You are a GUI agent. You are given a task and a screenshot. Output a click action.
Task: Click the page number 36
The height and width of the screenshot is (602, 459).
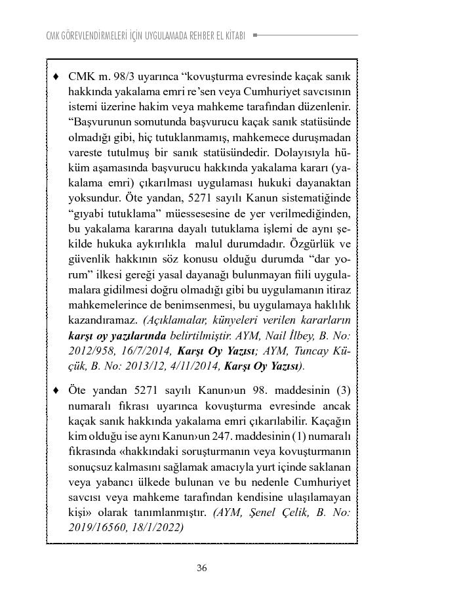(202, 568)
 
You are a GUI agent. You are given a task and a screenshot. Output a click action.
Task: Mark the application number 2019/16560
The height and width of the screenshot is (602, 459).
(96, 527)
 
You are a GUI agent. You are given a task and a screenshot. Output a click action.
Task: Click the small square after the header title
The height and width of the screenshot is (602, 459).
(254, 35)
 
